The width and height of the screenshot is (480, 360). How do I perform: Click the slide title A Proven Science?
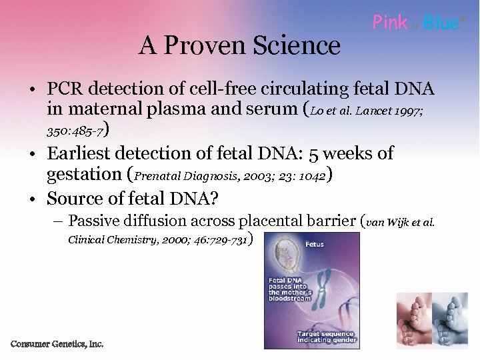coord(239,45)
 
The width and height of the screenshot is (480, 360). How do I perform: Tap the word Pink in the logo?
coord(390,23)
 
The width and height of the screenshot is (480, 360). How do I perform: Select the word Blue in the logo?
coord(441,23)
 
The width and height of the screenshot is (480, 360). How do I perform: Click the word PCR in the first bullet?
coord(65,89)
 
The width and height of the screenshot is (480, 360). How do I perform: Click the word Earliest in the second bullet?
coord(79,153)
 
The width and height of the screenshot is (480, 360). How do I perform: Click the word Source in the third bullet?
coord(73,199)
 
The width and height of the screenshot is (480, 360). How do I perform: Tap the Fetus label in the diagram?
coord(314,245)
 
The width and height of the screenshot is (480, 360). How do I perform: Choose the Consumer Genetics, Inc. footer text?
coord(57,344)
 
